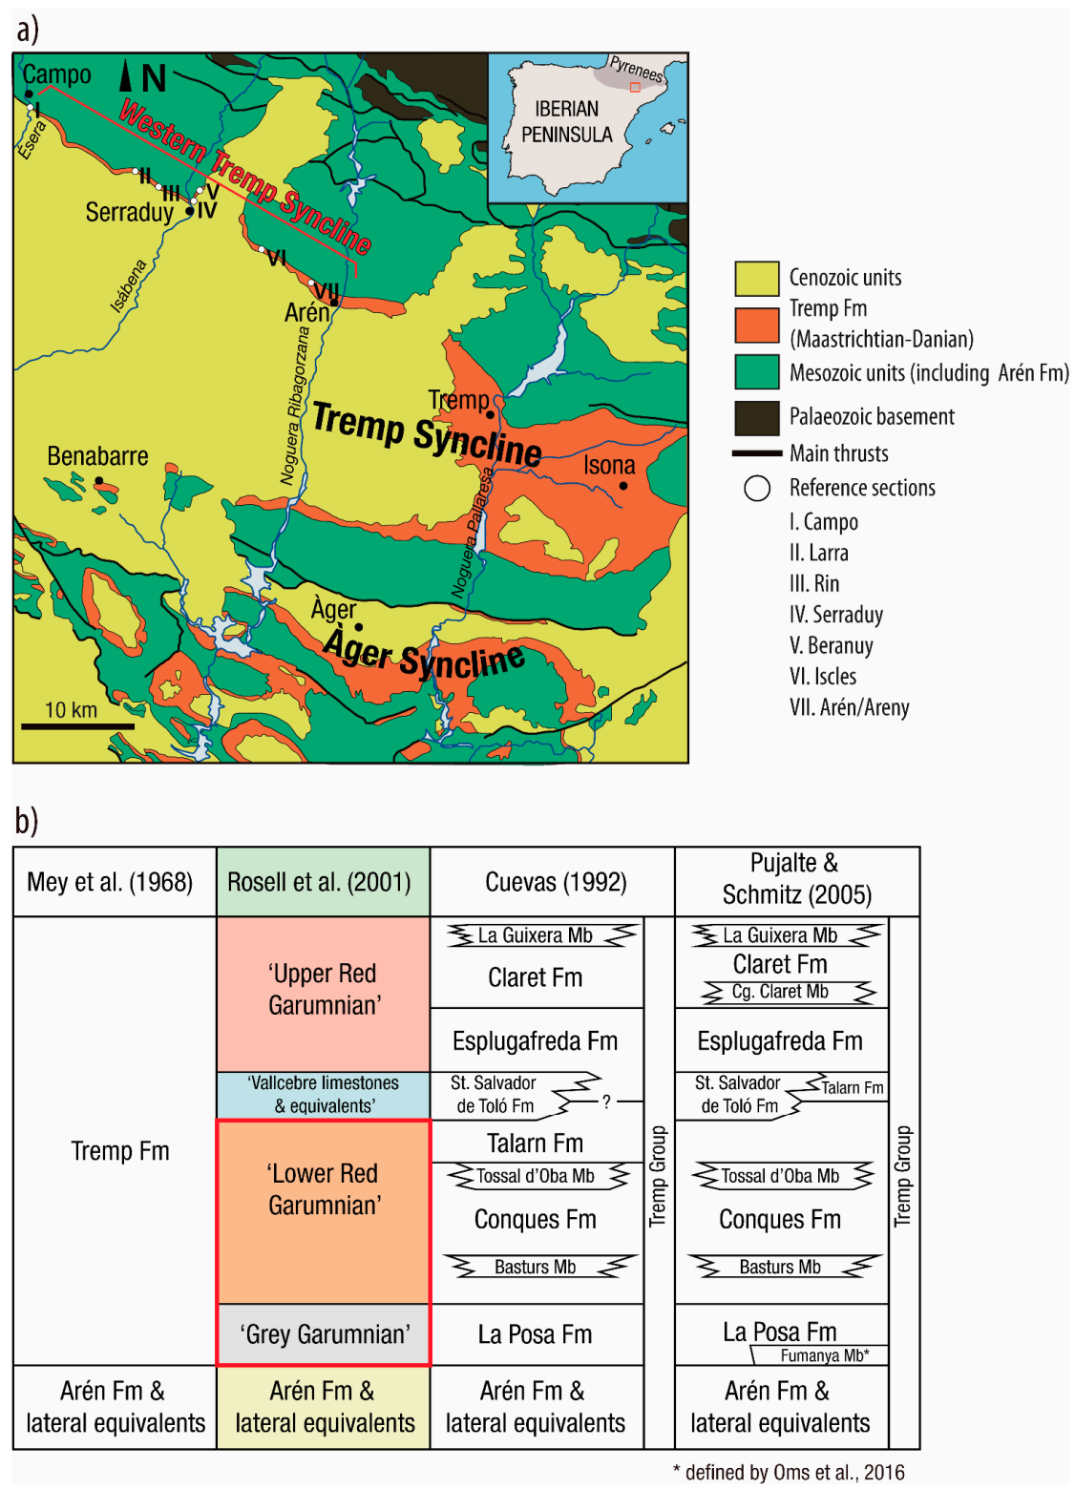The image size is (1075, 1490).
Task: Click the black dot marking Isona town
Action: pos(623,486)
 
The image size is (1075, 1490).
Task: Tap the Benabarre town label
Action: pos(97,456)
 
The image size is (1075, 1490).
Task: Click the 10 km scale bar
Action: pos(77,726)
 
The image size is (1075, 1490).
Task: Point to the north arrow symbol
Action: pos(126,76)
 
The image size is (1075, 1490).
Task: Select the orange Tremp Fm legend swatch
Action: pos(756,324)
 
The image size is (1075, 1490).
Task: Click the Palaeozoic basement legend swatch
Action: pos(756,417)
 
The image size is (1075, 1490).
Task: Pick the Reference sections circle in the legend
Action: pos(756,488)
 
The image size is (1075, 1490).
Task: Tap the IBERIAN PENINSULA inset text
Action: pos(567,122)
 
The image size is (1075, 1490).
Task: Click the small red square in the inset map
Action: pos(635,87)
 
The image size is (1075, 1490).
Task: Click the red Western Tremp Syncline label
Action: pos(243,178)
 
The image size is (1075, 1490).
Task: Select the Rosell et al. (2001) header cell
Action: pos(323,882)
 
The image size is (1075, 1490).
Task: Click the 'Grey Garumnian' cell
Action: pos(324,1334)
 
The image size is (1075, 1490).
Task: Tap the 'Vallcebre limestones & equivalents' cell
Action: pos(324,1095)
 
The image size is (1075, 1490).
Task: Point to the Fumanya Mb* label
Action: pos(824,1355)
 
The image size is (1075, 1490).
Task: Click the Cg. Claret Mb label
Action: pos(780,992)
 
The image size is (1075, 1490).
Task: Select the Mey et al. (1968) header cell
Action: pos(110,882)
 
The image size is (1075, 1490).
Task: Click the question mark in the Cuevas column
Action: pos(606,1102)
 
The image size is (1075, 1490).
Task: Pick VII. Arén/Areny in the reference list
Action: pos(849,707)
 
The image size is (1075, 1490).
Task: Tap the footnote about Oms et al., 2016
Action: pos(789,1472)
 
